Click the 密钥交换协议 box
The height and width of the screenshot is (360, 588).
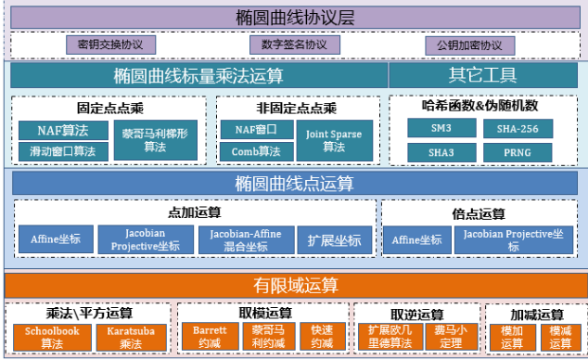[x=110, y=45]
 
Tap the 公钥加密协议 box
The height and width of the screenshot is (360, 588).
[x=469, y=45]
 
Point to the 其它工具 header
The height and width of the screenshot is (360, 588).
[x=483, y=75]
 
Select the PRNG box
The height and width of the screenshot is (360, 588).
[x=518, y=151]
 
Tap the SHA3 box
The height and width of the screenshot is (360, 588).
[x=441, y=151]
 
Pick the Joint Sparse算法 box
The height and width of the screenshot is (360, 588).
[x=334, y=140]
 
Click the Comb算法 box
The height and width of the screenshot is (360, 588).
[x=257, y=151]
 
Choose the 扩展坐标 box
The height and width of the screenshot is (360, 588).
[x=335, y=240]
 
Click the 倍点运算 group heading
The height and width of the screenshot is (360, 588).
[x=478, y=213]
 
